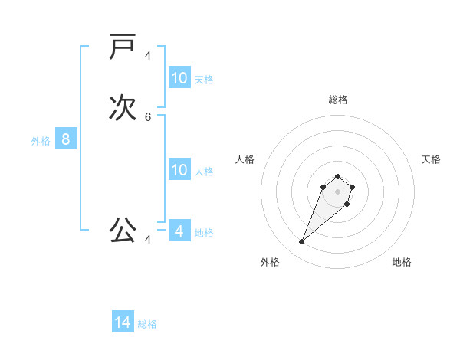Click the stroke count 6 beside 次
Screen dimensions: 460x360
[148, 117]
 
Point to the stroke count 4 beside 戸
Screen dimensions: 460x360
[148, 56]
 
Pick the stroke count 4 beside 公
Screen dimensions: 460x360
[148, 240]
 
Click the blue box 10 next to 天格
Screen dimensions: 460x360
[179, 78]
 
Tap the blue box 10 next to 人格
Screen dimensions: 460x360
[179, 170]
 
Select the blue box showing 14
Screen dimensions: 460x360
[123, 322]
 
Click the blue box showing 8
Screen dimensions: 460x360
[66, 139]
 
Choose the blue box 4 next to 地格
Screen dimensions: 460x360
[179, 231]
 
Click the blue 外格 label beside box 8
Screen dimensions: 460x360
[41, 141]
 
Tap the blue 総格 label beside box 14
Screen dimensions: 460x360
[147, 324]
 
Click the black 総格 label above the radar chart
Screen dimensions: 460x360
[337, 100]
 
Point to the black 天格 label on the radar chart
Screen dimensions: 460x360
[431, 159]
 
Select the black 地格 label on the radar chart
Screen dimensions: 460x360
[402, 262]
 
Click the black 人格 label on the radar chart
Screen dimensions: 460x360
[245, 159]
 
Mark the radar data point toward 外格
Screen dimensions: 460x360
[302, 242]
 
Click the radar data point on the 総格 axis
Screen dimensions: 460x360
[337, 177]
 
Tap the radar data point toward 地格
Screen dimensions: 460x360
[347, 204]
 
